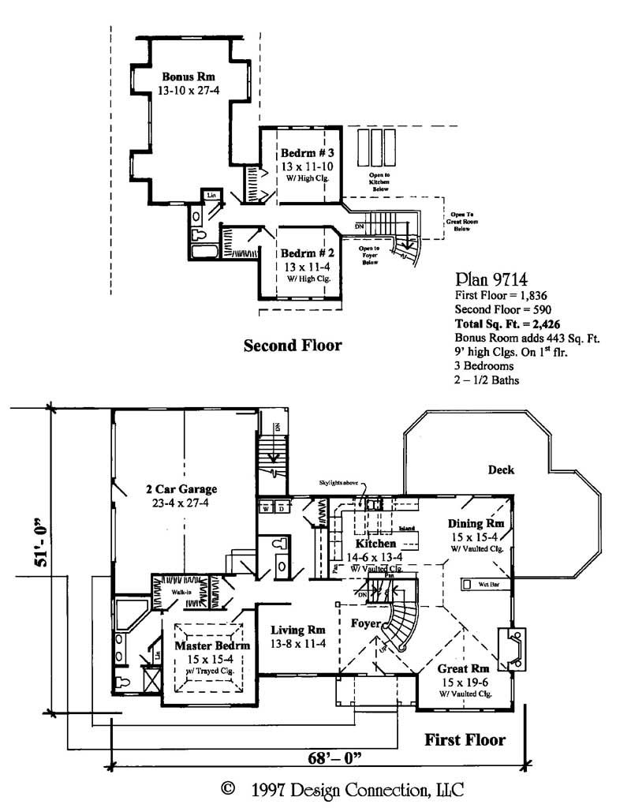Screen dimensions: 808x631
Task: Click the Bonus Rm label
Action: click(x=189, y=77)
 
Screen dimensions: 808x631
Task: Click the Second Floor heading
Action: click(x=292, y=346)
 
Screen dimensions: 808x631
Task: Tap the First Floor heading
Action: click(x=465, y=740)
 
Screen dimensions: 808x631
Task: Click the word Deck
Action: click(x=500, y=469)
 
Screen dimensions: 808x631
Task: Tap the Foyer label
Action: click(x=367, y=623)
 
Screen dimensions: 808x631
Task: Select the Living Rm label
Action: click(x=298, y=630)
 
